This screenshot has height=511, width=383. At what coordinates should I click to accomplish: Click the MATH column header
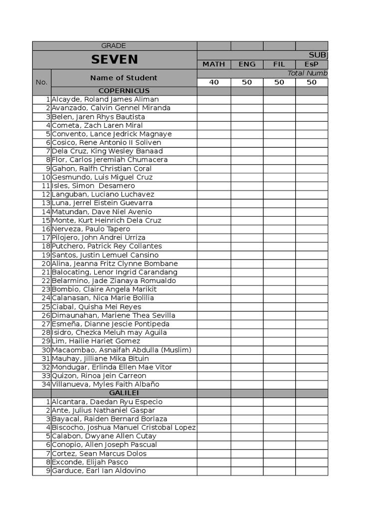(x=213, y=64)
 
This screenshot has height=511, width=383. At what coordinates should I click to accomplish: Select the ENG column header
(x=247, y=64)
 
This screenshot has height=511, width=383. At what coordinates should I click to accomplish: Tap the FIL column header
(x=279, y=64)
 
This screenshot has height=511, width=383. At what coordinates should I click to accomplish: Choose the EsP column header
(x=311, y=64)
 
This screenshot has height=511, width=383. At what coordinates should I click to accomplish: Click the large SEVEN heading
(x=114, y=59)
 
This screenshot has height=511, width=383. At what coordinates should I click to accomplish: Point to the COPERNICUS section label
(x=124, y=91)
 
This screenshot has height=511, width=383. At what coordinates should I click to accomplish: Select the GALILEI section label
(x=124, y=393)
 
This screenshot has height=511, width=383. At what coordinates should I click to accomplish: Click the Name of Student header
(x=124, y=78)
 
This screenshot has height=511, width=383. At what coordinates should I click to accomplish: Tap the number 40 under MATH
(x=213, y=82)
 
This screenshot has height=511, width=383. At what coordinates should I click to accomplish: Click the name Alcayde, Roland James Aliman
(x=105, y=99)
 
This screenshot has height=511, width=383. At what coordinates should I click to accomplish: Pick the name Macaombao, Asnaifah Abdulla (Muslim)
(x=121, y=350)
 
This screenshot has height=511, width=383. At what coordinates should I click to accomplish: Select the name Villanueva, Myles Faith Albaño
(x=105, y=384)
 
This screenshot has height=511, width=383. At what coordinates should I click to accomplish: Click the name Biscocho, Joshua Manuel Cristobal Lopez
(x=124, y=428)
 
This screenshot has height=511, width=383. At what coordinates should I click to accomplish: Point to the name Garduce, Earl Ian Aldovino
(x=99, y=471)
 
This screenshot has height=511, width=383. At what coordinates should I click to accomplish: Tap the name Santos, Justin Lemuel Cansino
(x=105, y=255)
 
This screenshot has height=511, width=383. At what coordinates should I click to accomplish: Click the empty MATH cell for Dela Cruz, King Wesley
(x=213, y=151)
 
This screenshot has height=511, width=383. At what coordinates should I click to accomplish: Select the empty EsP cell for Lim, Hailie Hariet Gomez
(x=311, y=341)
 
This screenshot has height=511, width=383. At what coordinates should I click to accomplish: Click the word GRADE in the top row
(x=114, y=46)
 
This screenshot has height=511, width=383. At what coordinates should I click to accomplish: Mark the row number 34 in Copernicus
(x=46, y=384)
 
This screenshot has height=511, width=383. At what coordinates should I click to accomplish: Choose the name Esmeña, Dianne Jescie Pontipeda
(x=110, y=324)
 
